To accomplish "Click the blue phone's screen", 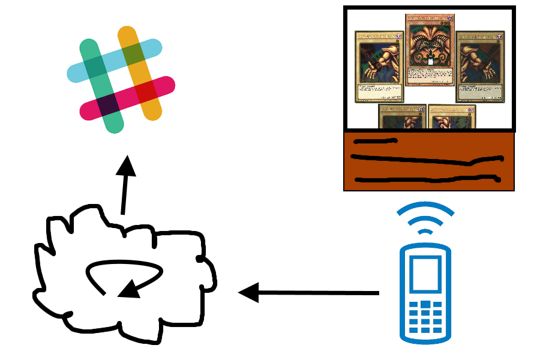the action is (x=425, y=275).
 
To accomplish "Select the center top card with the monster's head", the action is (x=429, y=50).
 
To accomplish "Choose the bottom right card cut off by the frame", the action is (x=452, y=117).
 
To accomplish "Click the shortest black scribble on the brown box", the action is (x=375, y=142).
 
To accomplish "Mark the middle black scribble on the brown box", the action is (x=426, y=160).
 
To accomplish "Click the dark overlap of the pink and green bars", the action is (x=108, y=105).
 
